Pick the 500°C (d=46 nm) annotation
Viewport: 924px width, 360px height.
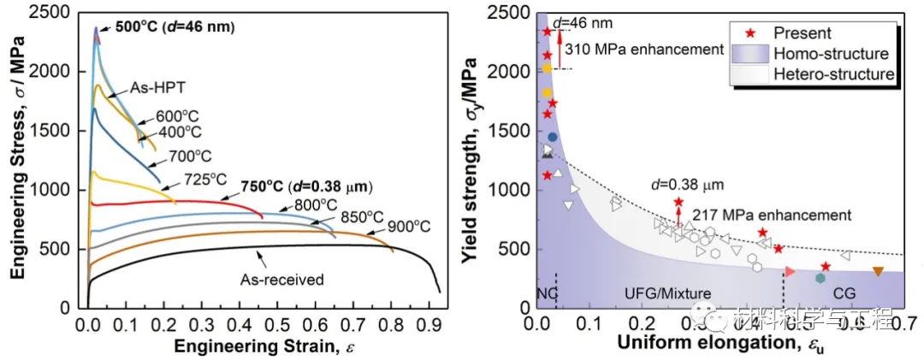[x=175, y=27]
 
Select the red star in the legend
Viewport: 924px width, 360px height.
[x=750, y=33]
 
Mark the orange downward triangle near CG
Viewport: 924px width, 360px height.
[x=878, y=272]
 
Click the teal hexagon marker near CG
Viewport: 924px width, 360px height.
[x=820, y=278]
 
